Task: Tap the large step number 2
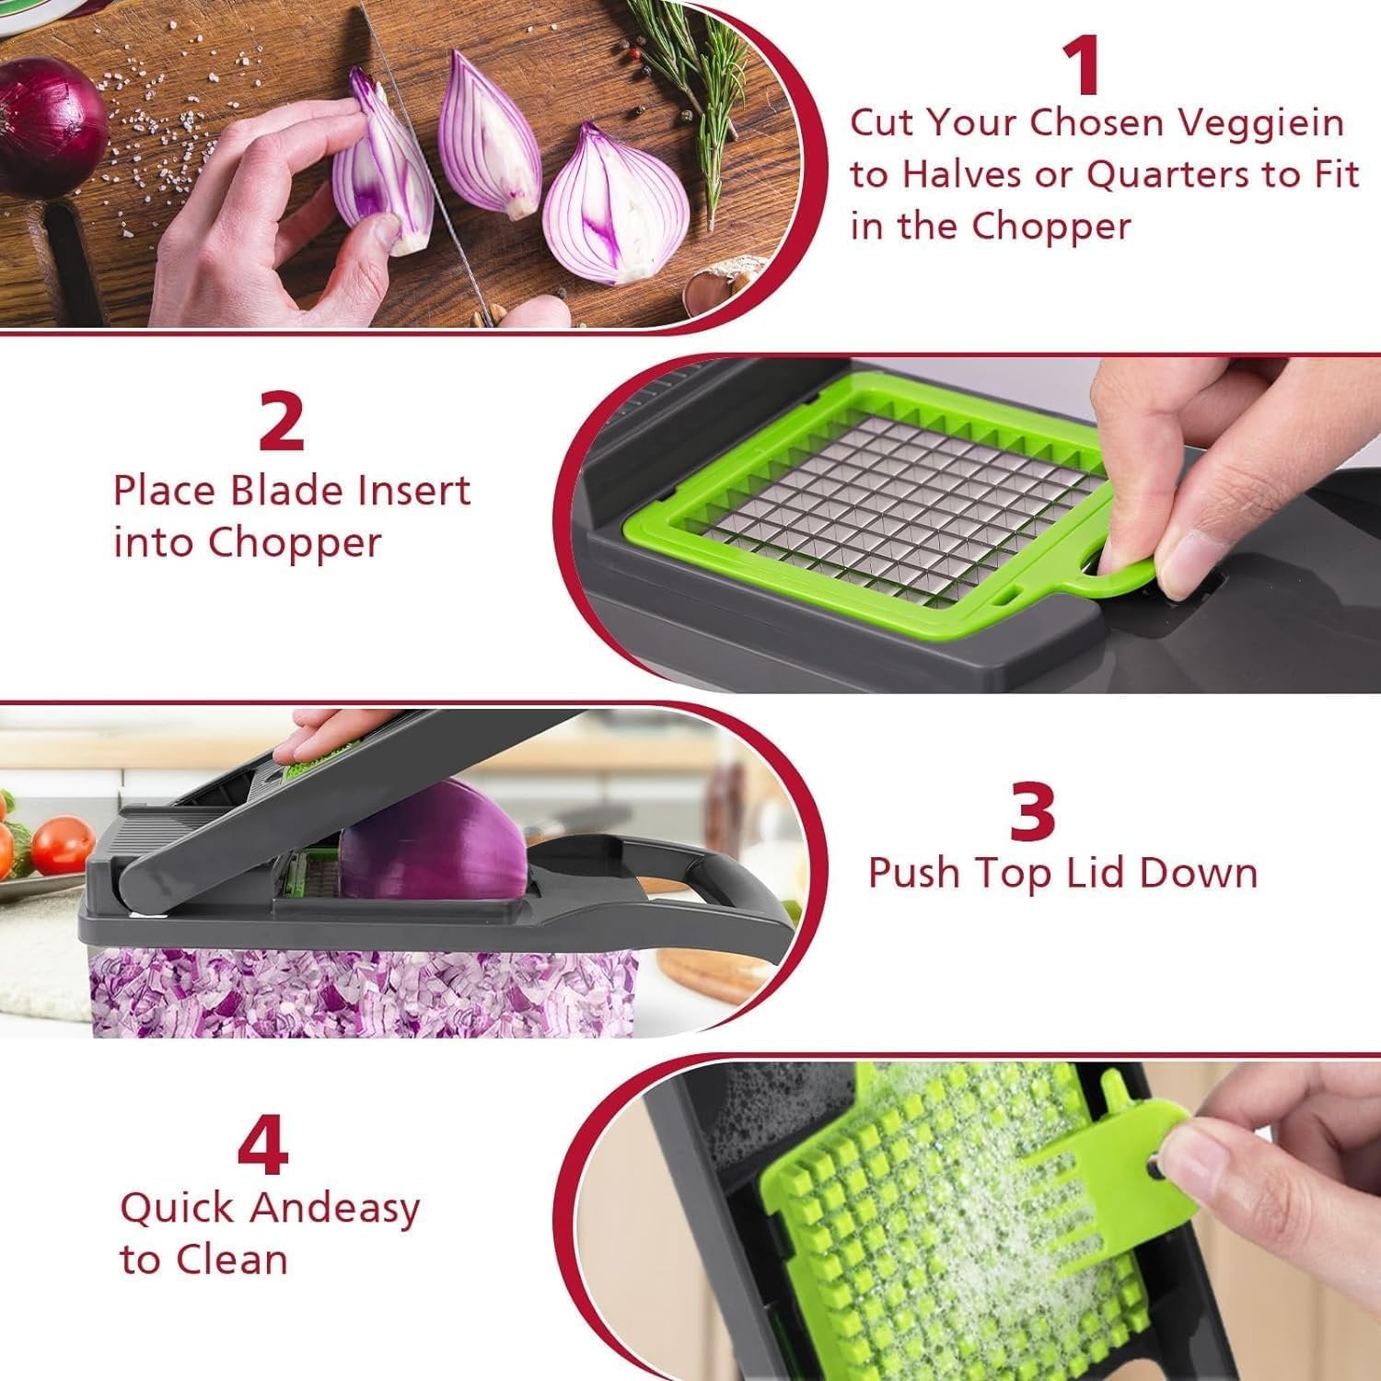point(281,421)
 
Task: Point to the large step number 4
point(263,1146)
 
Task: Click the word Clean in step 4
point(235,1259)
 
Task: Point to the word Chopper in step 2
point(294,542)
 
